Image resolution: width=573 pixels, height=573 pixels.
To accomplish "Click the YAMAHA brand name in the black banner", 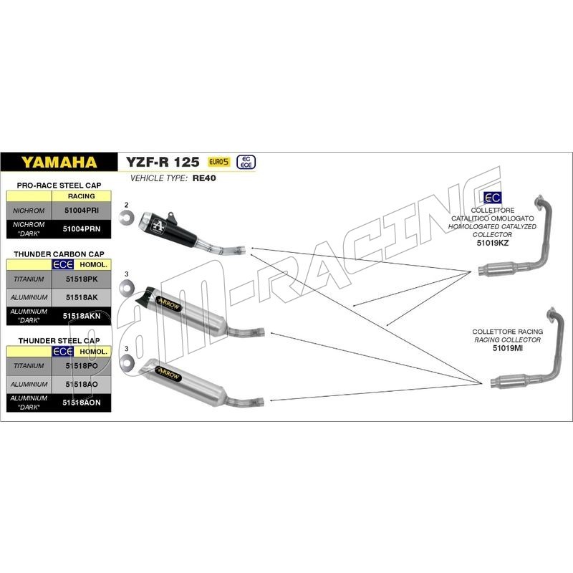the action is pos(59,162).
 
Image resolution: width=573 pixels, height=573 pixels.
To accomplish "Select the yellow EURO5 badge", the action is pos(219,162).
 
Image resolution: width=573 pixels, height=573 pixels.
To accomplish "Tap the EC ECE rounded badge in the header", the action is pos(246,162).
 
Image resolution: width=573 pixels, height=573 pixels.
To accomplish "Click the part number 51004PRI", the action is pos(82,211).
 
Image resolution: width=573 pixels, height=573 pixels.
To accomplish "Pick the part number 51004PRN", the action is pos(82,228).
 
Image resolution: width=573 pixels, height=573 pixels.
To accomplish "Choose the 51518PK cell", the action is pos(82,279).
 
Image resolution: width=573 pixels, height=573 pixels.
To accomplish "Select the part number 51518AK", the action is pos(82,297).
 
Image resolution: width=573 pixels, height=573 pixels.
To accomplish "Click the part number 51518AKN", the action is pos(82,316).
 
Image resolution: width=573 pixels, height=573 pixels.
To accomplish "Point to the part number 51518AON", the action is pos(82,403).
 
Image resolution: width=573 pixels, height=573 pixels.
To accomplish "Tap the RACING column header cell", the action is pos(82,196).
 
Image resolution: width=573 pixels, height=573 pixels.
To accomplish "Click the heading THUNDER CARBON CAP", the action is pos(59,254).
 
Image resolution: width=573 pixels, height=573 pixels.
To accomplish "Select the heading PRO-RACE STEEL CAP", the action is pos(59,186).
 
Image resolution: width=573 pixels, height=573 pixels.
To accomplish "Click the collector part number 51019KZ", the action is pos(492,243).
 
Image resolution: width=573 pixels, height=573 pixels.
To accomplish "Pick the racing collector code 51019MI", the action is pos(508,348).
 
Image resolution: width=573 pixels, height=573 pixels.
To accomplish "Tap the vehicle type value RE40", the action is pos(204,178).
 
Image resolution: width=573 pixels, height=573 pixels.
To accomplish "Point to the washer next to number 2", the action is pos(127,217).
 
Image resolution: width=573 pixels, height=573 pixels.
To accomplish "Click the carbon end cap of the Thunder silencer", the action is pos(145,295).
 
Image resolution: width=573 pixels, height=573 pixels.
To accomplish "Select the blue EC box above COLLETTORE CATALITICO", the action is pos(492,198).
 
